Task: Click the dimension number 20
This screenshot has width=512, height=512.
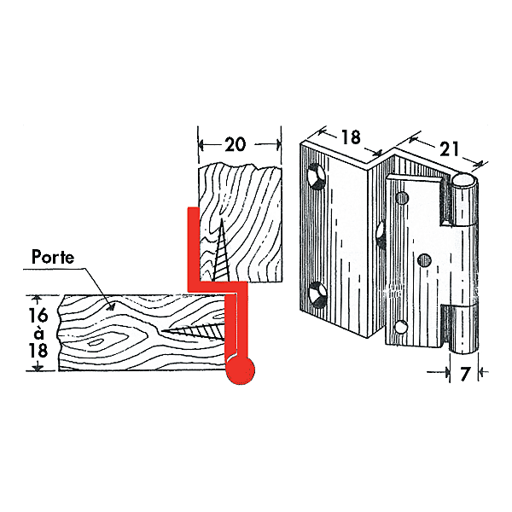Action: pyautogui.click(x=235, y=144)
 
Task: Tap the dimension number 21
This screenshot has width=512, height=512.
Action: pyautogui.click(x=449, y=148)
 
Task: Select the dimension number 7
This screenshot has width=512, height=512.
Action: pyautogui.click(x=464, y=374)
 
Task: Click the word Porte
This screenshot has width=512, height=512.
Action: pyautogui.click(x=53, y=258)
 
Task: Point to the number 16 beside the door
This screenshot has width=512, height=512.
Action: pyautogui.click(x=38, y=315)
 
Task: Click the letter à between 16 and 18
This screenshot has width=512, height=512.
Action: pyautogui.click(x=38, y=334)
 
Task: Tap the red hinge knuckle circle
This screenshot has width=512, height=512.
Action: pyautogui.click(x=241, y=370)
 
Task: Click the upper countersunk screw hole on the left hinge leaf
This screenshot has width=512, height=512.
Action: pyautogui.click(x=317, y=177)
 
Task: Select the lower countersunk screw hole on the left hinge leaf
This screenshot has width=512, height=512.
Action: pyautogui.click(x=317, y=294)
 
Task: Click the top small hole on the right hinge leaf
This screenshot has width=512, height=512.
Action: pyautogui.click(x=402, y=198)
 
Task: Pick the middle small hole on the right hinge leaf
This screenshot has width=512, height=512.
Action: pyautogui.click(x=424, y=260)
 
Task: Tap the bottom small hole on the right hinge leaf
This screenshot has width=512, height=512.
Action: pyautogui.click(x=401, y=327)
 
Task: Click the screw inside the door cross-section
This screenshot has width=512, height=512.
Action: pyautogui.click(x=194, y=332)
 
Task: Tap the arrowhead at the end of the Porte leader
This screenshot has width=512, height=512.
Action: pyautogui.click(x=111, y=306)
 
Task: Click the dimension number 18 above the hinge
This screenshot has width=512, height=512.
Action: pyautogui.click(x=351, y=137)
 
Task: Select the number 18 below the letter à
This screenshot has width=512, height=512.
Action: pyautogui.click(x=38, y=351)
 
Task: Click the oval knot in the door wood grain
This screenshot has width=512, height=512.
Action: pyautogui.click(x=95, y=342)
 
